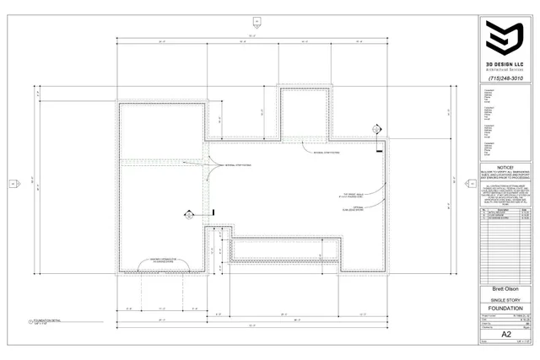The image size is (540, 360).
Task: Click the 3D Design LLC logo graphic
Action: [505, 39]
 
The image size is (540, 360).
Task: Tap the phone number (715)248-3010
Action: [505, 78]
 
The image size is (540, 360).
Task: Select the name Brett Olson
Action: [505, 289]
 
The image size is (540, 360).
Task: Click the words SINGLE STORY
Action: [505, 299]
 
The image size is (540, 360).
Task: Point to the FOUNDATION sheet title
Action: [505, 309]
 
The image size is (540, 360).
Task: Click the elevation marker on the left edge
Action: [13, 183]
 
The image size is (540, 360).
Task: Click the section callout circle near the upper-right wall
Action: [377, 129]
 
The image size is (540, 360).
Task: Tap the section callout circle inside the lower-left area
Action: [189, 215]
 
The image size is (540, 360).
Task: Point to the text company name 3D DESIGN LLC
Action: [505, 64]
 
